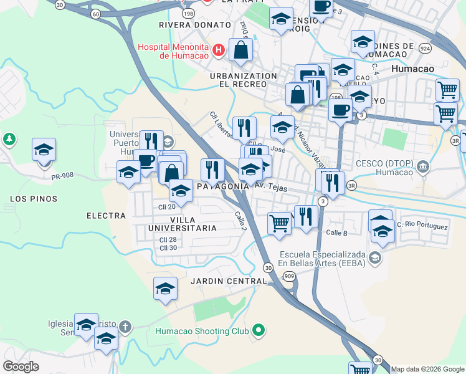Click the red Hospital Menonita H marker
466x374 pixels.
coord(219,50)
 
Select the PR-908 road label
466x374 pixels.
coord(63,175)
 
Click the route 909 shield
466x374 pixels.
coord(288,276)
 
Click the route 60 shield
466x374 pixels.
coord(95,13)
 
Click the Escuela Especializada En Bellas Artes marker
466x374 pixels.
coord(374,257)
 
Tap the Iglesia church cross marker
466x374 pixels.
coord(125,327)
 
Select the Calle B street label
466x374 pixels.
coord(336,233)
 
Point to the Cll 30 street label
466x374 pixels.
coord(168,248)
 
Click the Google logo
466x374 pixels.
coord(21,367)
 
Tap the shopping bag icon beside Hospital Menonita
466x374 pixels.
coord(240,50)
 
